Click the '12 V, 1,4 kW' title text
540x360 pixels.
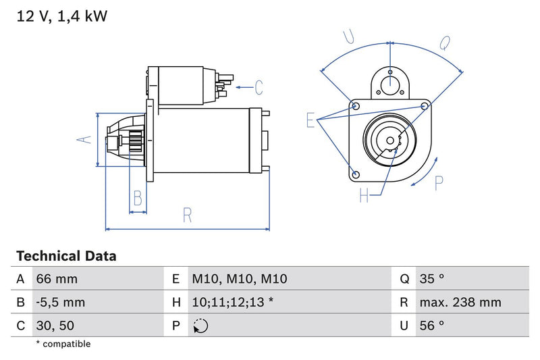(61, 16)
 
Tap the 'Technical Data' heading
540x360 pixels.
(66, 256)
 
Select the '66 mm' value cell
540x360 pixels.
(57, 279)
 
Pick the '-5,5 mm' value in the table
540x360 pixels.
(61, 302)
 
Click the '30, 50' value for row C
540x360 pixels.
(57, 325)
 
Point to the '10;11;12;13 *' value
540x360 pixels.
(233, 302)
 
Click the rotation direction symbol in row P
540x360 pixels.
(200, 326)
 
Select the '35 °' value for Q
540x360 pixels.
(432, 279)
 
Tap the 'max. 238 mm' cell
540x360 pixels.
(460, 302)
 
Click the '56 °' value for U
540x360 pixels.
(432, 325)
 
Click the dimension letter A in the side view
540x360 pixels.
(83, 139)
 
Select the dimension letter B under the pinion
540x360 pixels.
(138, 198)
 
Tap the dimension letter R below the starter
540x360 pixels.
(188, 215)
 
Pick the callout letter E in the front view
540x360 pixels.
(311, 120)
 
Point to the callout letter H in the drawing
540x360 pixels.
(364, 196)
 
